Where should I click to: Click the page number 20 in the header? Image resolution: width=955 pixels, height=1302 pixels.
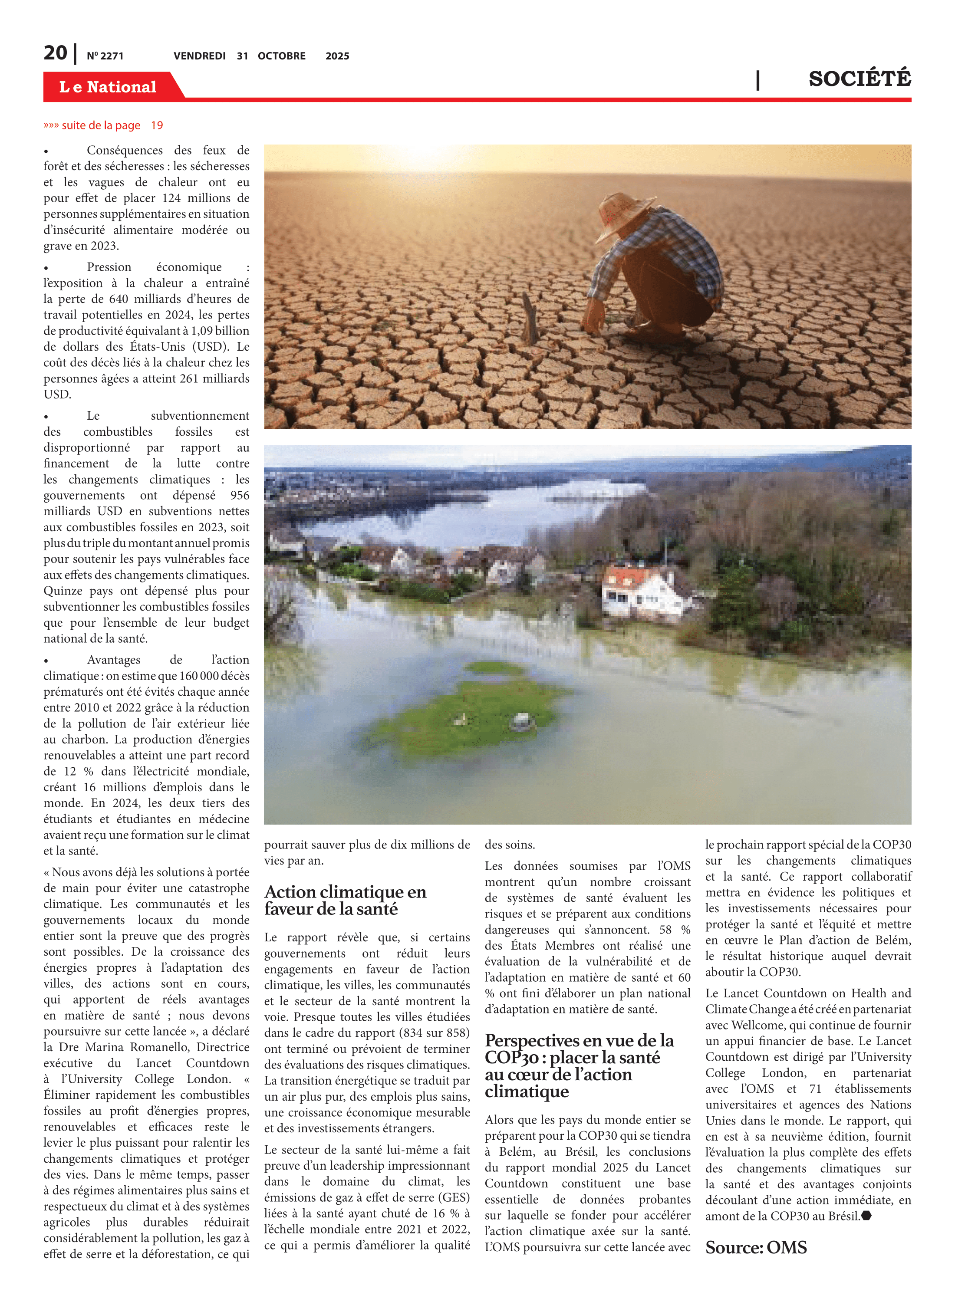[x=56, y=53]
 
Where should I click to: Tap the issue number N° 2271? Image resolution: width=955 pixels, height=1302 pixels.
[x=105, y=56]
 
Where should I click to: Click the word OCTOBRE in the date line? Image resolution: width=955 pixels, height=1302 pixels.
[x=282, y=56]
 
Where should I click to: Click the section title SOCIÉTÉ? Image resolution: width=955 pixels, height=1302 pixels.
[x=859, y=79]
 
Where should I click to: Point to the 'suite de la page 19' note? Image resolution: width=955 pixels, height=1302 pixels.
[x=103, y=125]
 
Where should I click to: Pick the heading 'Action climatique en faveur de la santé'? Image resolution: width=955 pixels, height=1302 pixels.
[x=345, y=900]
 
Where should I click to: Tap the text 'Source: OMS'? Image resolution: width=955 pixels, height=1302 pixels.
[x=756, y=1247]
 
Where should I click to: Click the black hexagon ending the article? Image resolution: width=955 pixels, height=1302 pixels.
[x=866, y=1216]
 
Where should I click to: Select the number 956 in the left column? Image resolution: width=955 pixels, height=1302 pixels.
[x=239, y=495]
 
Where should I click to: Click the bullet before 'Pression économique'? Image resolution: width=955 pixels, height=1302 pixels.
[x=46, y=268]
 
